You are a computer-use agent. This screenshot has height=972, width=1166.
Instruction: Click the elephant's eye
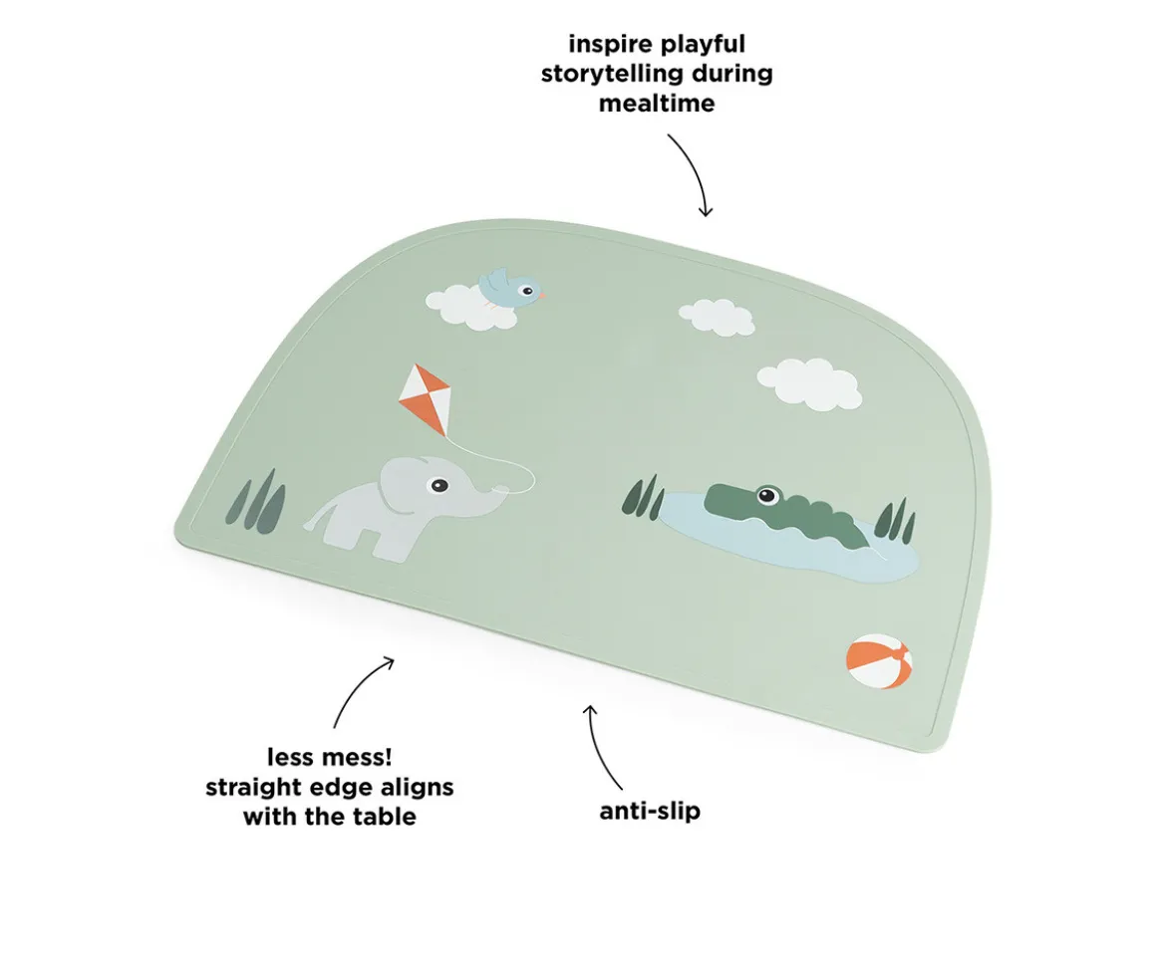coord(439,486)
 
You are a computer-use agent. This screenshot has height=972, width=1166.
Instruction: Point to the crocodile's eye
coord(766,494)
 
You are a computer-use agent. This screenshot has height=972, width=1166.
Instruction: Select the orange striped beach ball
coord(879,660)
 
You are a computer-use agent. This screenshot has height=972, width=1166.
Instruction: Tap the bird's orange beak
coord(541,295)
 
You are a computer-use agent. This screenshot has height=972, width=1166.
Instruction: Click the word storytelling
coord(613,74)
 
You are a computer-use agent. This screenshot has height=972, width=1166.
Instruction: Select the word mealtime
coord(657,103)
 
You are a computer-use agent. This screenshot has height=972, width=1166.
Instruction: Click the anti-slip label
coord(650,810)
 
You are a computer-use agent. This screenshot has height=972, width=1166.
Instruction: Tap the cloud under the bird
coord(469,308)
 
